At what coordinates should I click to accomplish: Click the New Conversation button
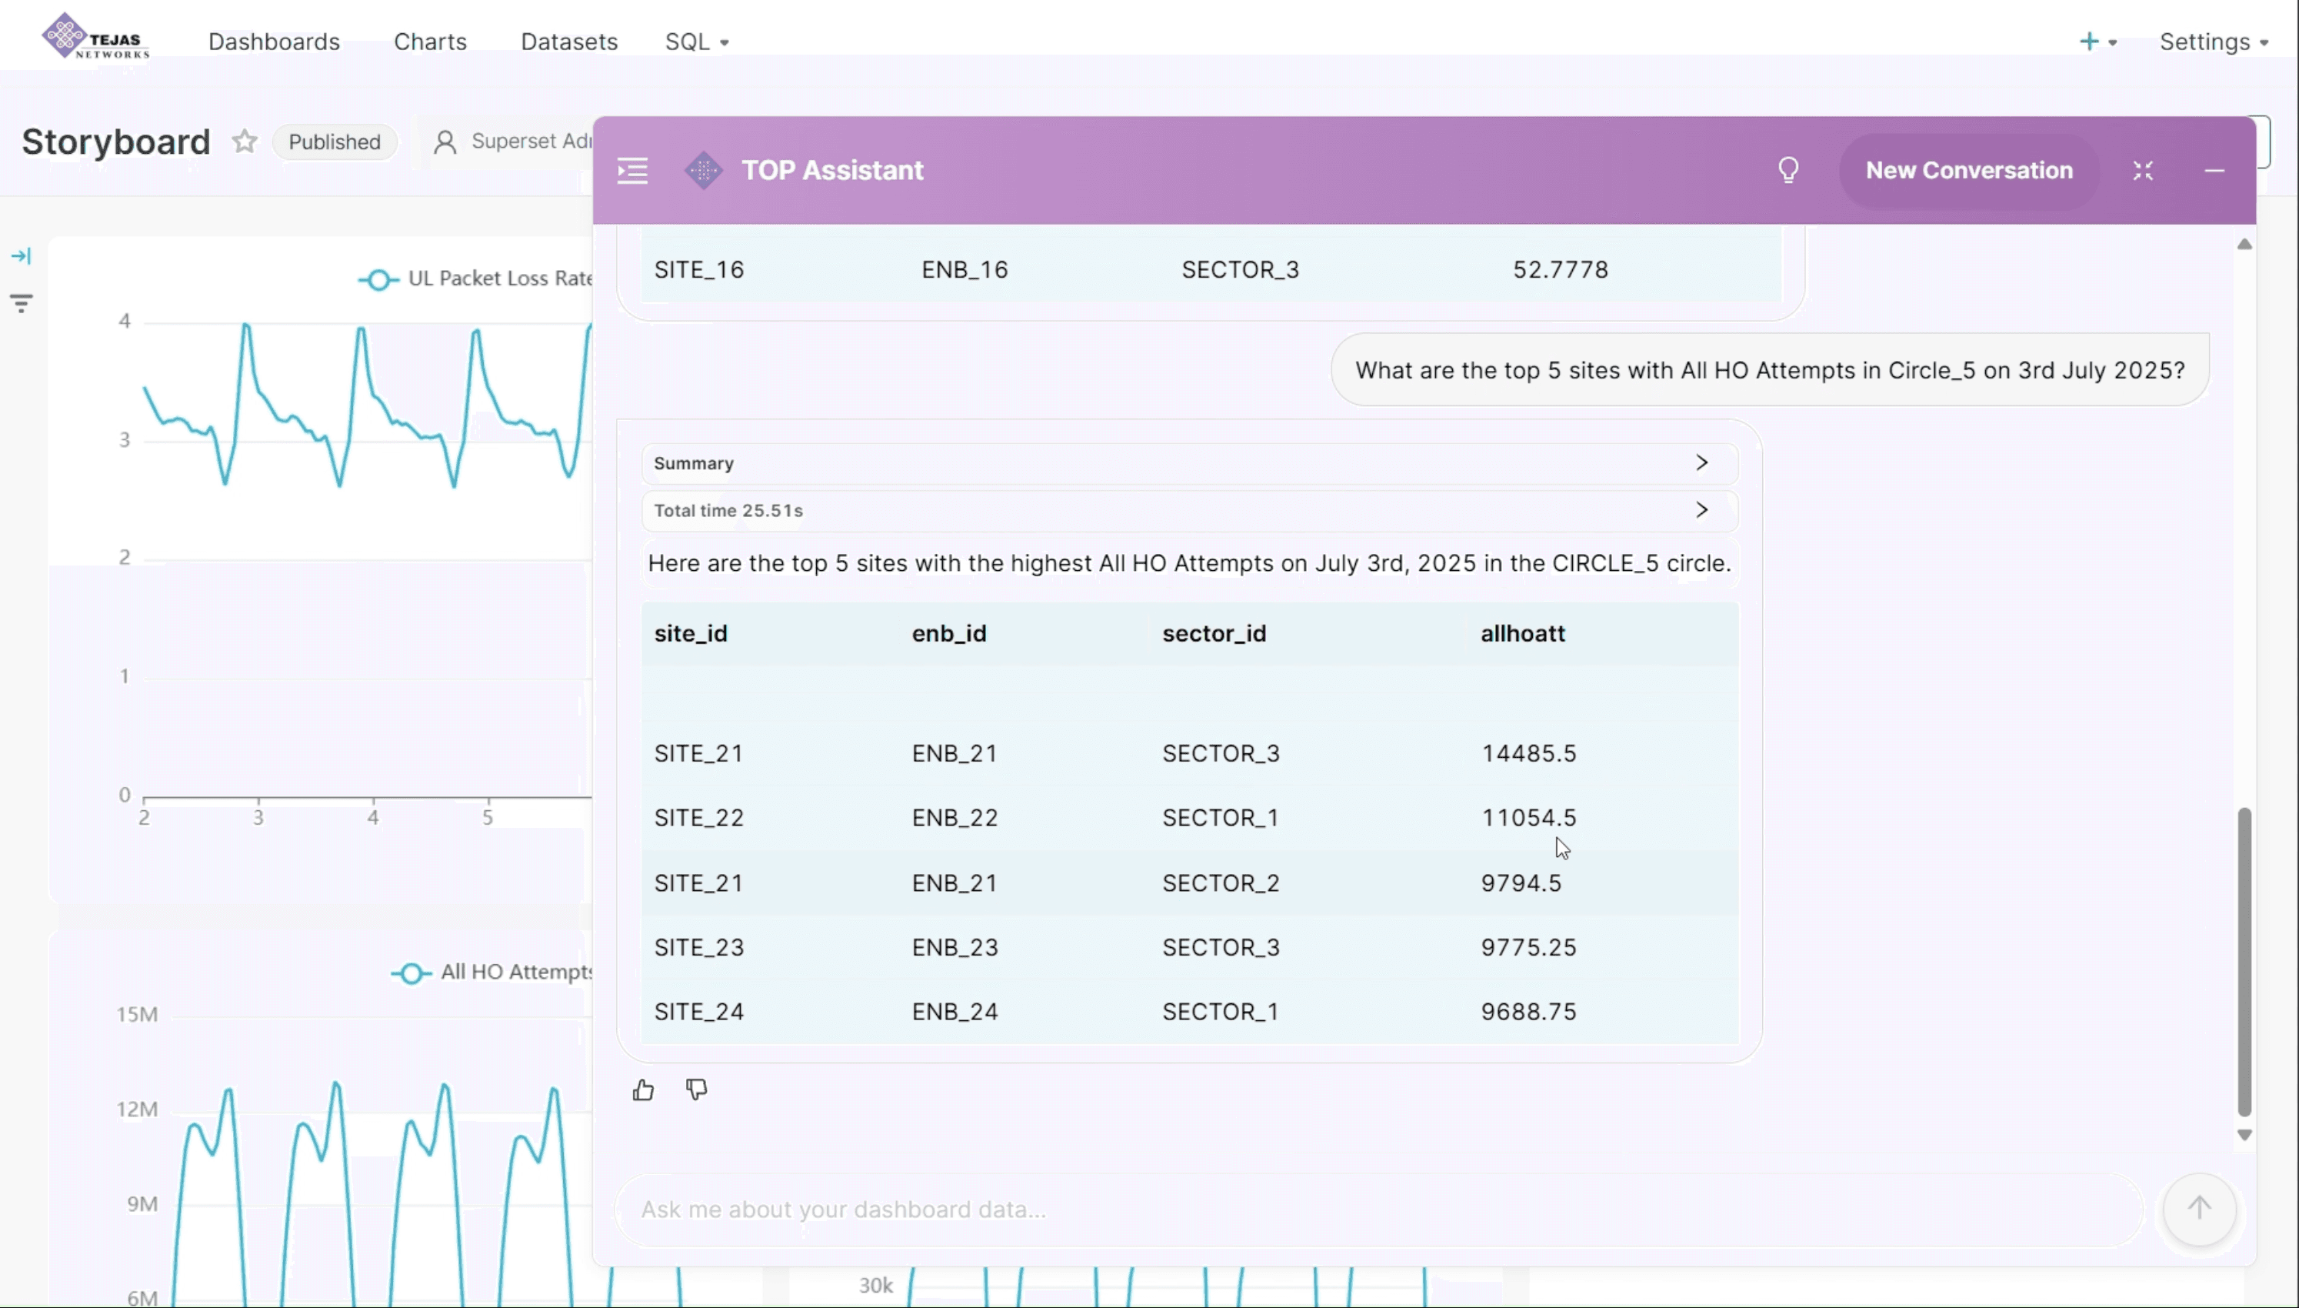click(x=1968, y=171)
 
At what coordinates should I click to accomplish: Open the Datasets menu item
click(x=568, y=42)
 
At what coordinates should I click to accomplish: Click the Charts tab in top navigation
click(x=430, y=42)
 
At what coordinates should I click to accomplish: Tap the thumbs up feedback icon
click(x=643, y=1090)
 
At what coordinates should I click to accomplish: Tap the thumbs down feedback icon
click(x=697, y=1090)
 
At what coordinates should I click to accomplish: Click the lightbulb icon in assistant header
click(x=1788, y=171)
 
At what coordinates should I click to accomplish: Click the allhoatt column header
click(x=1522, y=633)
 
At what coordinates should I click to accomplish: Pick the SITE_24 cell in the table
click(x=698, y=1012)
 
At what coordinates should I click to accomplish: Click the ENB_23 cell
click(x=955, y=947)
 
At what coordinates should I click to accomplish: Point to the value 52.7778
click(x=1560, y=269)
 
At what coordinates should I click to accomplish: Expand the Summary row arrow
click(x=1701, y=462)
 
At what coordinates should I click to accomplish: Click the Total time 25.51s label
click(x=728, y=510)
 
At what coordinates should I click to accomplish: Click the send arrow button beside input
click(x=2198, y=1208)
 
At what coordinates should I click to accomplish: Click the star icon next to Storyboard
click(x=245, y=142)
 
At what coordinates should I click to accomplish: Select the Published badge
click(x=334, y=142)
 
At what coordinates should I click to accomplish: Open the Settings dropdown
click(x=2213, y=42)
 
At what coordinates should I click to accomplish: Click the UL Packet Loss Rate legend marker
click(x=378, y=280)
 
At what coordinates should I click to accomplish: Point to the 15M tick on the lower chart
click(x=136, y=1014)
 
